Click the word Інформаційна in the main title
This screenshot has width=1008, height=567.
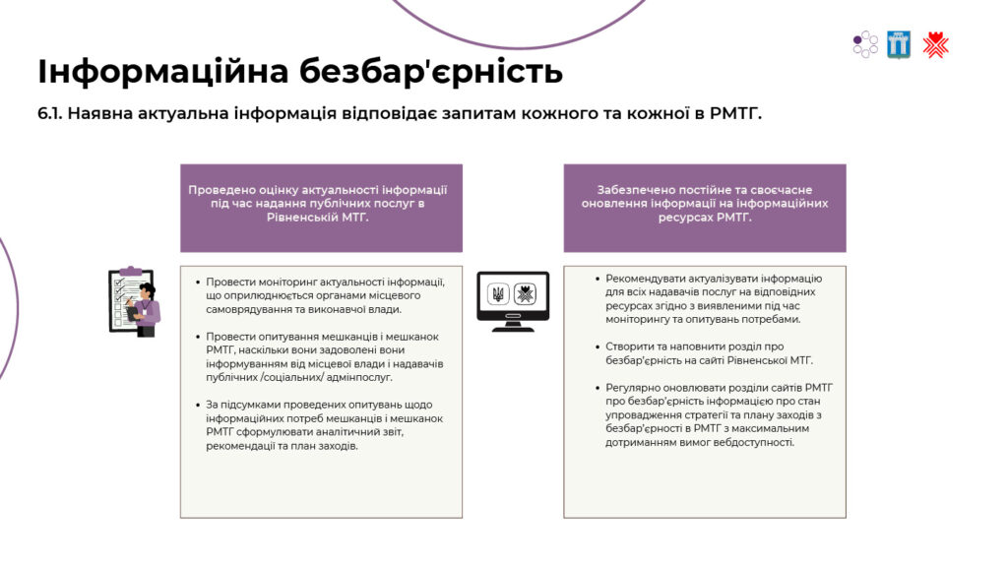point(163,72)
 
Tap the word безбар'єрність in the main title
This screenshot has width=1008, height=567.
point(431,71)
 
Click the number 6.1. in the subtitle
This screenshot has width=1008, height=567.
point(49,114)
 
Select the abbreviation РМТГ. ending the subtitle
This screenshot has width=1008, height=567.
point(735,114)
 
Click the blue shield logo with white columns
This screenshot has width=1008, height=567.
point(899,45)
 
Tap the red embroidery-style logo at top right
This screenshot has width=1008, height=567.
point(935,45)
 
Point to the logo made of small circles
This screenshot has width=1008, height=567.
point(865,45)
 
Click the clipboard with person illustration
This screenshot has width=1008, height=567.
point(134,301)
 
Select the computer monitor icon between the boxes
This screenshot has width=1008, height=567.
point(513,301)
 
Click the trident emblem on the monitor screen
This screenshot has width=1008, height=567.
point(498,294)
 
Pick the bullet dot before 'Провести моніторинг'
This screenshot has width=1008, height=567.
point(197,282)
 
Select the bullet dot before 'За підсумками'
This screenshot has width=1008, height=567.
point(197,405)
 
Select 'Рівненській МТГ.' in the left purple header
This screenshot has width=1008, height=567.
point(318,218)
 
